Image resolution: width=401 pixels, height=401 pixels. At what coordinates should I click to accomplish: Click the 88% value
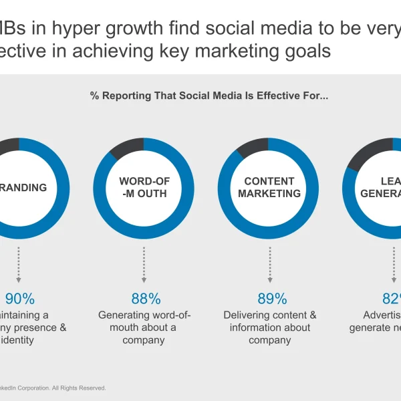tap(146, 299)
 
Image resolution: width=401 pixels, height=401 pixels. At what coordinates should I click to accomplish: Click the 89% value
tap(272, 299)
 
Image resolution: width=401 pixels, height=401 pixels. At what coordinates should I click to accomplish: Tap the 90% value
tap(20, 299)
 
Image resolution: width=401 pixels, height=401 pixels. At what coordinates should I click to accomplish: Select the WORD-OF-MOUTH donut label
tap(143, 188)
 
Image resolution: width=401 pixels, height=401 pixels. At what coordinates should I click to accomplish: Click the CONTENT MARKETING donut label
tap(269, 188)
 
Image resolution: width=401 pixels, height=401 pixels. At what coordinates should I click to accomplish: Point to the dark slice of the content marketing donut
tap(253, 147)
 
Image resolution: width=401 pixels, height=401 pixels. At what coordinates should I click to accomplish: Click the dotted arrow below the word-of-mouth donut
tap(144, 265)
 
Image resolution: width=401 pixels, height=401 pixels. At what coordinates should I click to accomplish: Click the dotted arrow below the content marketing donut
tap(270, 265)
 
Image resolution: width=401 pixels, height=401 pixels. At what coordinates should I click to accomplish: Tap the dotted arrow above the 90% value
tap(18, 265)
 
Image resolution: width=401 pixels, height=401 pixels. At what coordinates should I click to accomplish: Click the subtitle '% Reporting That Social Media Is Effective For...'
tap(209, 96)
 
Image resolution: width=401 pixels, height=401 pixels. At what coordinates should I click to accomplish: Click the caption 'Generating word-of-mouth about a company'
tap(144, 327)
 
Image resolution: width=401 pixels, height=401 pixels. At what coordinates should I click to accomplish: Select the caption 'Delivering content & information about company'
tap(270, 327)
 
